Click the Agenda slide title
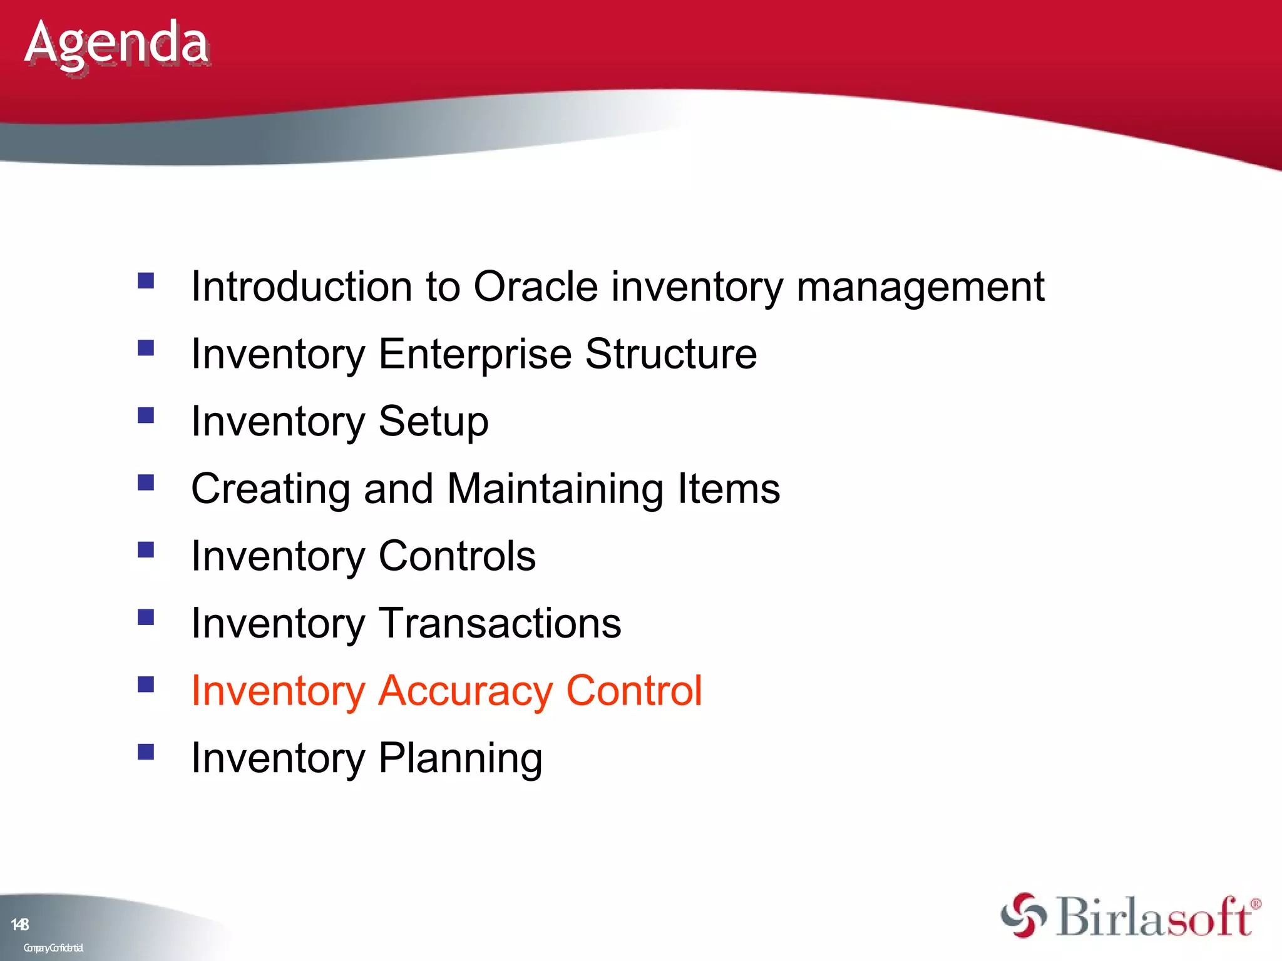click(116, 44)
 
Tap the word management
click(920, 287)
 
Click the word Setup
click(433, 422)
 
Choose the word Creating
click(270, 489)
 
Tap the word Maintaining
click(555, 489)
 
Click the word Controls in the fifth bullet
click(457, 556)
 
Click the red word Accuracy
click(466, 691)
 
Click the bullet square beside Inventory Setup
click(146, 415)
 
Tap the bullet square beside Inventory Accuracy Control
click(146, 684)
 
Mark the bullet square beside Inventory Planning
click(146, 751)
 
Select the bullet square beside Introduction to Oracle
click(146, 280)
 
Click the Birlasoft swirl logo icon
click(1023, 915)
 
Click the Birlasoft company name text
click(1156, 917)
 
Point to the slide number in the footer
click(20, 924)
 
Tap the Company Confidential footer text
click(53, 948)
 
